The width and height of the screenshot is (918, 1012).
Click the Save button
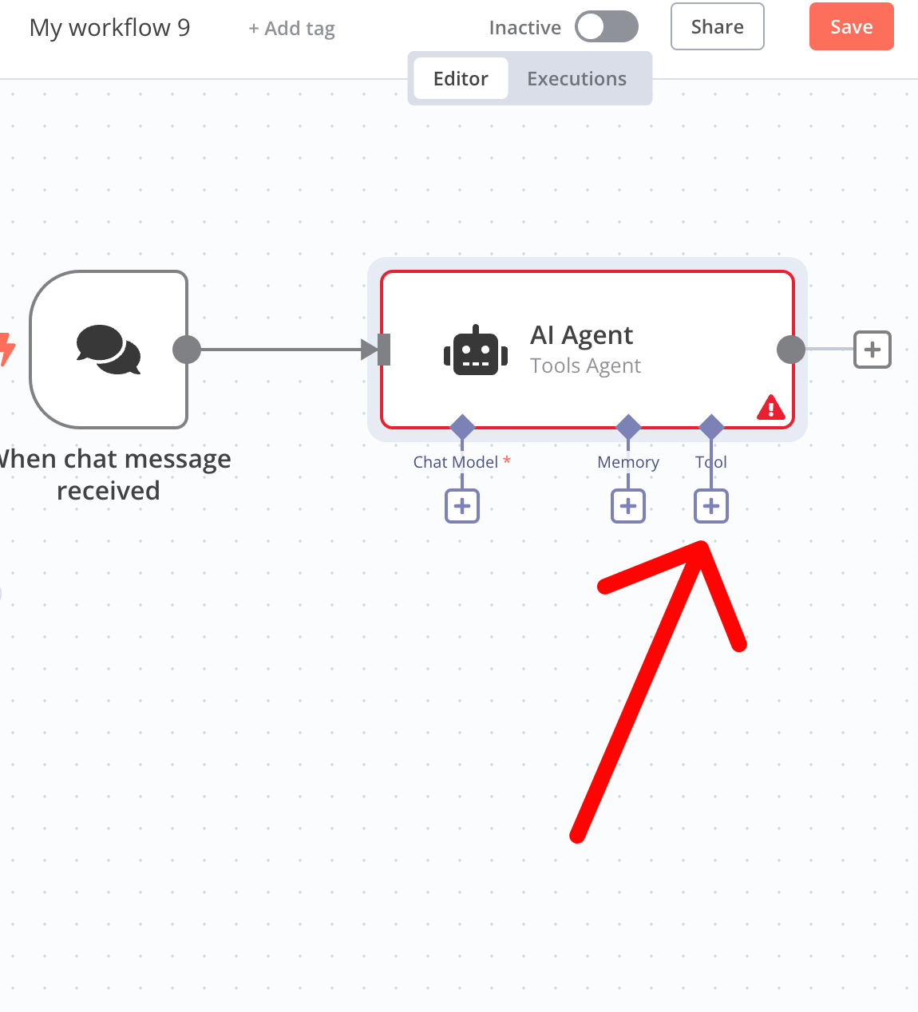pos(851,27)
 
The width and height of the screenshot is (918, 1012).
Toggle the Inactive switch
pos(607,27)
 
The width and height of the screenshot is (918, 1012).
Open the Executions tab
pos(576,79)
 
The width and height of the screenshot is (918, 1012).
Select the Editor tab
pos(461,79)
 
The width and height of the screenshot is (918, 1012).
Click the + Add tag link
pos(292,29)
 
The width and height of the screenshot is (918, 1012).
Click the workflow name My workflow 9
pos(110,28)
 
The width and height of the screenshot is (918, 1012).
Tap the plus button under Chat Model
pos(462,506)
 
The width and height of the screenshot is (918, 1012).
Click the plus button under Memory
pos(628,506)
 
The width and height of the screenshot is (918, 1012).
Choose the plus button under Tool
pos(711,506)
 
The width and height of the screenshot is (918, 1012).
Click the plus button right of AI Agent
pos(872,350)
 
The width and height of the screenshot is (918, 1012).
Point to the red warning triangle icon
pos(770,408)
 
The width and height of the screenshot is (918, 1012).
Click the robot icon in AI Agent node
pos(476,351)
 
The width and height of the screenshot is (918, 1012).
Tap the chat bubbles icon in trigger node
pos(109,350)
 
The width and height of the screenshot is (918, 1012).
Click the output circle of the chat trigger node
pos(187,350)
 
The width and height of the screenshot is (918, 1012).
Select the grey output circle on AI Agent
pos(791,350)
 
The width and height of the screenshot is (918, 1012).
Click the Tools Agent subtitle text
pos(585,366)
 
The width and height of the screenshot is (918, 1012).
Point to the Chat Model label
pos(456,462)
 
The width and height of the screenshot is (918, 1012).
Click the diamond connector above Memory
pos(628,427)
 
